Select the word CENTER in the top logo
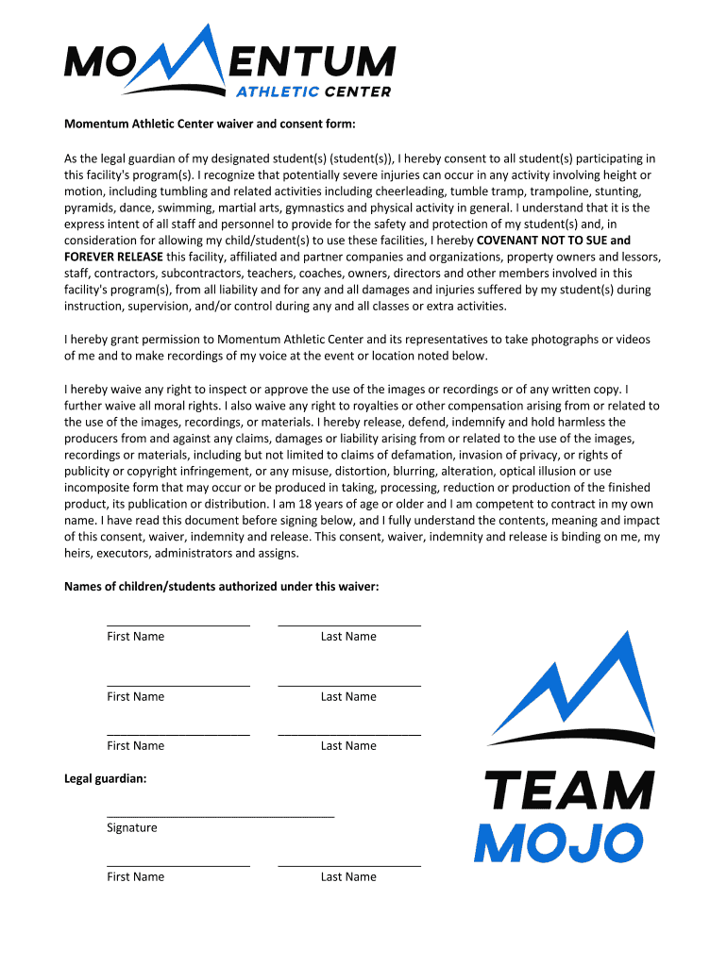[357, 92]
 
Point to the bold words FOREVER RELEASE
[113, 257]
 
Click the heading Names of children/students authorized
[221, 586]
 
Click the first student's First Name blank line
[178, 624]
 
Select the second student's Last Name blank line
[348, 684]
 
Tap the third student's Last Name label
[348, 745]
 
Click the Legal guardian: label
[105, 778]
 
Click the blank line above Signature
[220, 813]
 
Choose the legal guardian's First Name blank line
[178, 864]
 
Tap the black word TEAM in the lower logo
[568, 791]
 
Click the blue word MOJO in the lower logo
[558, 842]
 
